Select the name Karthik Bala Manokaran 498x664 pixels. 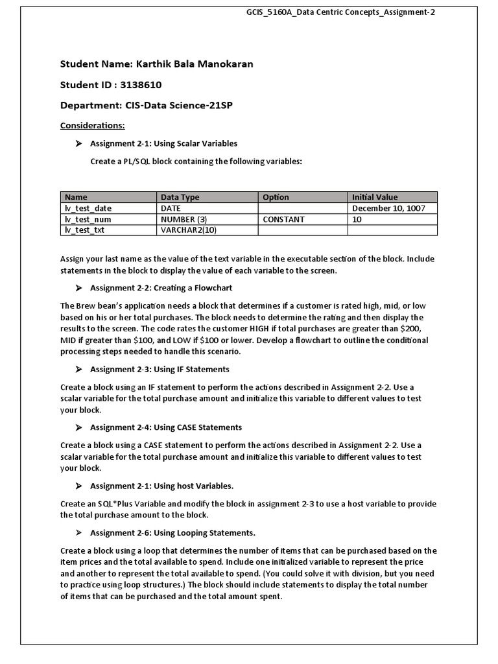[x=194, y=64]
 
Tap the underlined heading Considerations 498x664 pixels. [x=92, y=124]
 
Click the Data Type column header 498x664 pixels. [x=180, y=197]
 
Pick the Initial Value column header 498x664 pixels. [x=375, y=197]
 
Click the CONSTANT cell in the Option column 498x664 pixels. [x=283, y=219]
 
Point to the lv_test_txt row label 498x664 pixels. [x=84, y=230]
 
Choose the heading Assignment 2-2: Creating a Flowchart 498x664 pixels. [x=161, y=287]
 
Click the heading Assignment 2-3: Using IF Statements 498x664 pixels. [x=160, y=369]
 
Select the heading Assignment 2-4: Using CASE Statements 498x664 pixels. [x=166, y=427]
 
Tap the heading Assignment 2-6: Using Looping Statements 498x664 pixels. [x=172, y=532]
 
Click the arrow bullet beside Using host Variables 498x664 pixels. [x=78, y=486]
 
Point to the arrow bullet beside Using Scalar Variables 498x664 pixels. [x=78, y=143]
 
